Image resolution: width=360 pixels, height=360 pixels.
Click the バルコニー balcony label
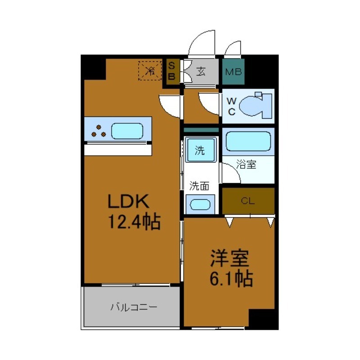pyautogui.click(x=134, y=308)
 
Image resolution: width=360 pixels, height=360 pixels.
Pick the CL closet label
pyautogui.click(x=247, y=201)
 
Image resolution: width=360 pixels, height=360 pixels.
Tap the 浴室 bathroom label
pyautogui.click(x=247, y=165)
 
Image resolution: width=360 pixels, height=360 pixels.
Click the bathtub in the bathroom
pyautogui.click(x=248, y=142)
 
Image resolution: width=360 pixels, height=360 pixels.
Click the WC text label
pyautogui.click(x=231, y=106)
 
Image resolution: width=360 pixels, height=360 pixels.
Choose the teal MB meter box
pyautogui.click(x=234, y=72)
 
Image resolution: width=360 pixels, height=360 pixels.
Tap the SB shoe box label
pyautogui.click(x=171, y=72)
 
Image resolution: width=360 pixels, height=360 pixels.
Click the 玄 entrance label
pyautogui.click(x=201, y=72)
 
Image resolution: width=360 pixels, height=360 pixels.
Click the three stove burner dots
pyautogui.click(x=99, y=131)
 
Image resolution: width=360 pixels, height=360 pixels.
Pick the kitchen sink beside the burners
pyautogui.click(x=127, y=131)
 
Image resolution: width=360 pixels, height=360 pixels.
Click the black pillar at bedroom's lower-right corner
pyautogui.click(x=263, y=319)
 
